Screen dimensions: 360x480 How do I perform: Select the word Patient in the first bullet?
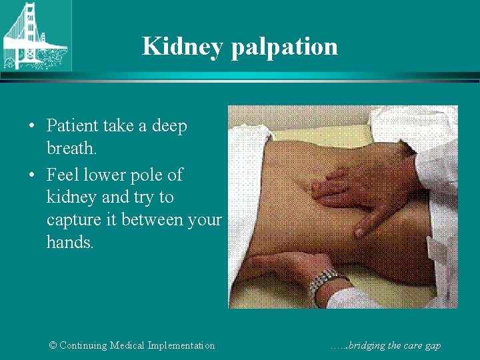click(71, 125)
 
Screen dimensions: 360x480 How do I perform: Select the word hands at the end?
click(69, 241)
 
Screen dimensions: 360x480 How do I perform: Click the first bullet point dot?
click(33, 126)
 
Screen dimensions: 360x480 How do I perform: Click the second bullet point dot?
click(33, 175)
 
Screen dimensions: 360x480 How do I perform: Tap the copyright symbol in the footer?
click(53, 345)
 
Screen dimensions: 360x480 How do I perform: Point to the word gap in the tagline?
click(431, 346)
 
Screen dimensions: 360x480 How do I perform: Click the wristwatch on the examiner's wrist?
click(324, 280)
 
